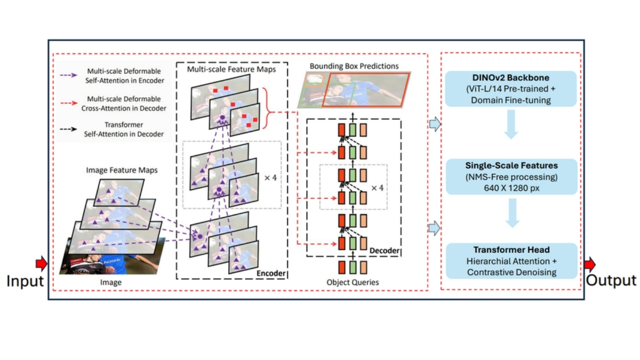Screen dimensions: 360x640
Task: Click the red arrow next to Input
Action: [x=42, y=264]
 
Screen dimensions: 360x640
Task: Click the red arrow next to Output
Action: [x=589, y=264]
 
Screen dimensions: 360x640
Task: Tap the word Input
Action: [x=25, y=281]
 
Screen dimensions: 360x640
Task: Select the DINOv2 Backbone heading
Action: [x=511, y=77]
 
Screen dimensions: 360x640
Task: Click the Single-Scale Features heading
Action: [x=511, y=165]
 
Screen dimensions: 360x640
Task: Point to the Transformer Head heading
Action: [x=511, y=250]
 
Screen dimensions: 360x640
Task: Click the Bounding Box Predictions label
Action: [x=354, y=66]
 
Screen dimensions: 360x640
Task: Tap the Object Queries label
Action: [x=352, y=282]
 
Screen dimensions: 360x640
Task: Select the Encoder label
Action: [x=271, y=273]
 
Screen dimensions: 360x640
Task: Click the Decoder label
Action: [x=384, y=251]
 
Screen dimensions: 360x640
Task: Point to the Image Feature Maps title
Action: [x=122, y=170]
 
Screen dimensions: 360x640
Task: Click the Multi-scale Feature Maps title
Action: [x=231, y=69]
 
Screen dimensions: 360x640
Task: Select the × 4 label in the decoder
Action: [x=377, y=187]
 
